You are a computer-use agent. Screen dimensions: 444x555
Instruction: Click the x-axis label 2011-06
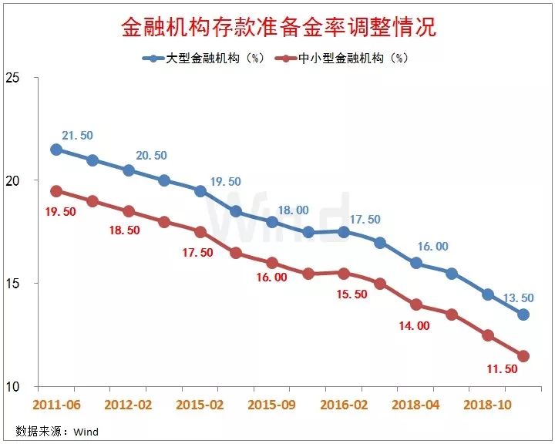coord(55,404)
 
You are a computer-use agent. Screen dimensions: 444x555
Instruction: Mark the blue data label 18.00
coord(293,210)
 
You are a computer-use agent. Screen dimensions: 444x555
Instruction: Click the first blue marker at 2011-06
coord(56,150)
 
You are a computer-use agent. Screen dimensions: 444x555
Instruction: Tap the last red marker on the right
coord(523,356)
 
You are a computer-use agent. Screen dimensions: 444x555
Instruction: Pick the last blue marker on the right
coord(523,314)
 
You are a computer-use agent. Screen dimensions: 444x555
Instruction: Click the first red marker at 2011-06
coord(56,191)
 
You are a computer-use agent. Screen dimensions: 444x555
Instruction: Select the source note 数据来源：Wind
coord(56,431)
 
